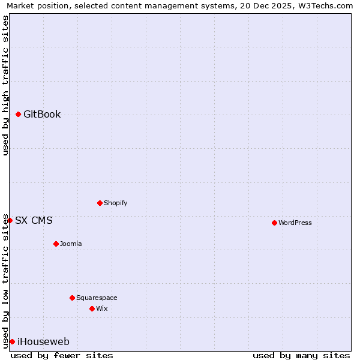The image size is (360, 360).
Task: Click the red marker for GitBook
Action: [19, 115]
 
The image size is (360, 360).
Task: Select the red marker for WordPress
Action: [274, 223]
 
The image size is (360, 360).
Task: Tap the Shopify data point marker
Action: [100, 203]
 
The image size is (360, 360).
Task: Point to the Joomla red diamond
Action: [56, 244]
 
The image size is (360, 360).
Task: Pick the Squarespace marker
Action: [72, 298]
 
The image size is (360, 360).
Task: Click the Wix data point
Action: [92, 308]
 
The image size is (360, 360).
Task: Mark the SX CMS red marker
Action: [10, 221]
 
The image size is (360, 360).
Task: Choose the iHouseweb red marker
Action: [12, 341]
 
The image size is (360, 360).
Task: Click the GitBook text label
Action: [42, 115]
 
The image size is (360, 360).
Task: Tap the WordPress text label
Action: [295, 223]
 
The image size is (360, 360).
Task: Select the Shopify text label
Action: [115, 203]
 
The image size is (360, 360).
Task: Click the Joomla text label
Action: [71, 244]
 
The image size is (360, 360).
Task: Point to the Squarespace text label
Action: [97, 298]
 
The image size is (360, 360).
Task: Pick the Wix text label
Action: [101, 308]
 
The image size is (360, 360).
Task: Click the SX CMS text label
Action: [34, 221]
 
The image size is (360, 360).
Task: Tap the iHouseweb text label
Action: [43, 342]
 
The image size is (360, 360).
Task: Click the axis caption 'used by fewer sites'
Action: [62, 355]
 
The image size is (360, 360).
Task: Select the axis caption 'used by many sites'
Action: [301, 355]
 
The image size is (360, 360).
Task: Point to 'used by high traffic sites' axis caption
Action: [5, 85]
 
